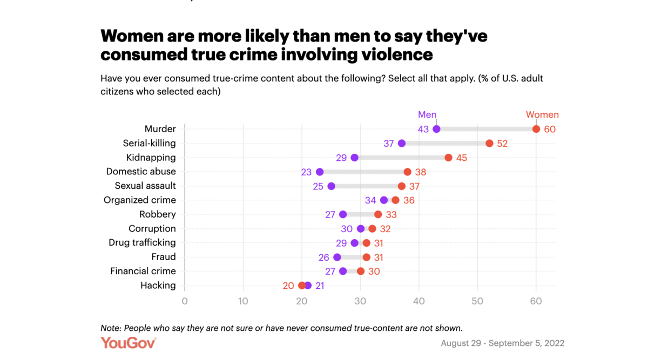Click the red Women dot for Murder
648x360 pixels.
click(536, 129)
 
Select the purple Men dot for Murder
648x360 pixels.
click(436, 129)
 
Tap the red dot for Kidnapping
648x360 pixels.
click(448, 158)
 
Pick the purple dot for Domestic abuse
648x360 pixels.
click(320, 172)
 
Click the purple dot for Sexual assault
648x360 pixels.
click(331, 186)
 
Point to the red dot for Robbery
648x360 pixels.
click(378, 214)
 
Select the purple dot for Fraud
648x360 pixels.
click(337, 257)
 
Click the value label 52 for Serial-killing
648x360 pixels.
click(502, 144)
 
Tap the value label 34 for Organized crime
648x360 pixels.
click(370, 200)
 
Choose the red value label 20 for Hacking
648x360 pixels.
click(288, 286)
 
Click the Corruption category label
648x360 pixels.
click(152, 228)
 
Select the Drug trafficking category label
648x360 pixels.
click(142, 243)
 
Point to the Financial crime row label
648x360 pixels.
click(143, 271)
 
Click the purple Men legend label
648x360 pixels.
click(427, 114)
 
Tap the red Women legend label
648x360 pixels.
click(542, 114)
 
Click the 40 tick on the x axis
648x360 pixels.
click(419, 301)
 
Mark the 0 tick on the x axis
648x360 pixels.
click(185, 301)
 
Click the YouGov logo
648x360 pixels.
click(129, 343)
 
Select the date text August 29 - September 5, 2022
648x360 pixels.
click(502, 343)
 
